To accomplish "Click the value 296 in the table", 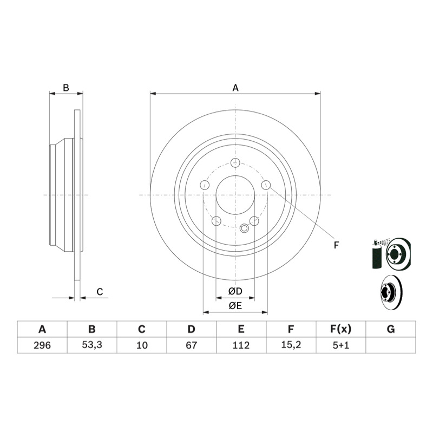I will tap(42, 345).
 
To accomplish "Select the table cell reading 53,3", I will tap(92, 345).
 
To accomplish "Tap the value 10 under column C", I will tap(142, 345).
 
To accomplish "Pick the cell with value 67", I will tap(191, 345).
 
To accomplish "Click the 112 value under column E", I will tap(241, 345).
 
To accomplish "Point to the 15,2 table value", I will tap(291, 345).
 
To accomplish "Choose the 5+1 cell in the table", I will tap(341, 345).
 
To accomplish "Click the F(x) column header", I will tap(341, 329).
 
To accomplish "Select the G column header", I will tap(391, 329).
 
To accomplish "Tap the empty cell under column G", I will tap(391, 345).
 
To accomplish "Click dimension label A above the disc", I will tap(235, 87).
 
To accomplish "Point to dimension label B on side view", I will tap(65, 87).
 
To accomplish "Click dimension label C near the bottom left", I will tap(100, 292).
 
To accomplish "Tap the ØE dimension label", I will tap(235, 306).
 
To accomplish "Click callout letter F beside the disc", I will tap(336, 246).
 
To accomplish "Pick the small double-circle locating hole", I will tap(245, 228).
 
